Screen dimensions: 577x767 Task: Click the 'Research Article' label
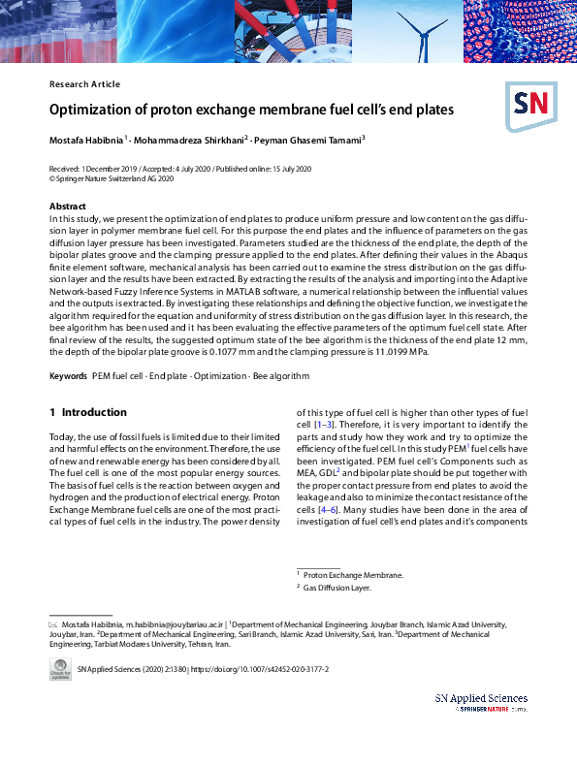pyautogui.click(x=84, y=84)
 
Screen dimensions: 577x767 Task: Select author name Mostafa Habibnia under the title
pyautogui.click(x=85, y=140)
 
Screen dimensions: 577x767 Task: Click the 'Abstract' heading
pyautogui.click(x=67, y=207)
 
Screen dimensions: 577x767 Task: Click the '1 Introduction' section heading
pyautogui.click(x=88, y=412)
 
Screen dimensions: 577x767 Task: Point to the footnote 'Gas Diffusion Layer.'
pyautogui.click(x=337, y=588)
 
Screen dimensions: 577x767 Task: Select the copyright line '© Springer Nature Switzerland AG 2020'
pyautogui.click(x=112, y=178)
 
